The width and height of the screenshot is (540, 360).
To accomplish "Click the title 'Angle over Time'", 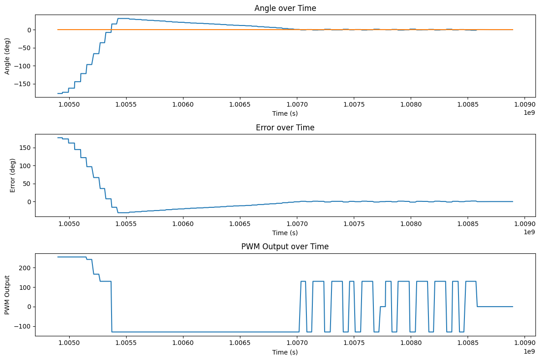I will tap(285, 8).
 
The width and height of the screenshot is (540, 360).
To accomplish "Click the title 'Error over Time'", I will tap(285, 128).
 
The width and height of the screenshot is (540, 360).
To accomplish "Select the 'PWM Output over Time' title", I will tap(285, 247).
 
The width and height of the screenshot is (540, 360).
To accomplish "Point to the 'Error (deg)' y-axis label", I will tap(13, 175).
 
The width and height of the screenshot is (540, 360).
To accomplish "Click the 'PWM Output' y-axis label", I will tap(7, 295).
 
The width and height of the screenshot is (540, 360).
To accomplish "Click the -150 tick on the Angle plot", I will tap(23, 84).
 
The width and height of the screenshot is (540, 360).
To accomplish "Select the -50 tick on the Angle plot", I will tap(25, 48).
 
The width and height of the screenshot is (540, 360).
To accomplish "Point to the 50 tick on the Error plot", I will tap(27, 184).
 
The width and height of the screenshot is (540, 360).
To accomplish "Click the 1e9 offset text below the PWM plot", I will tap(529, 351).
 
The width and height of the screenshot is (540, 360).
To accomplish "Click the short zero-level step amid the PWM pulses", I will tap(382, 307).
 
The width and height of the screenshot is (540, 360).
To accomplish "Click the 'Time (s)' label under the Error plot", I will tap(285, 233).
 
